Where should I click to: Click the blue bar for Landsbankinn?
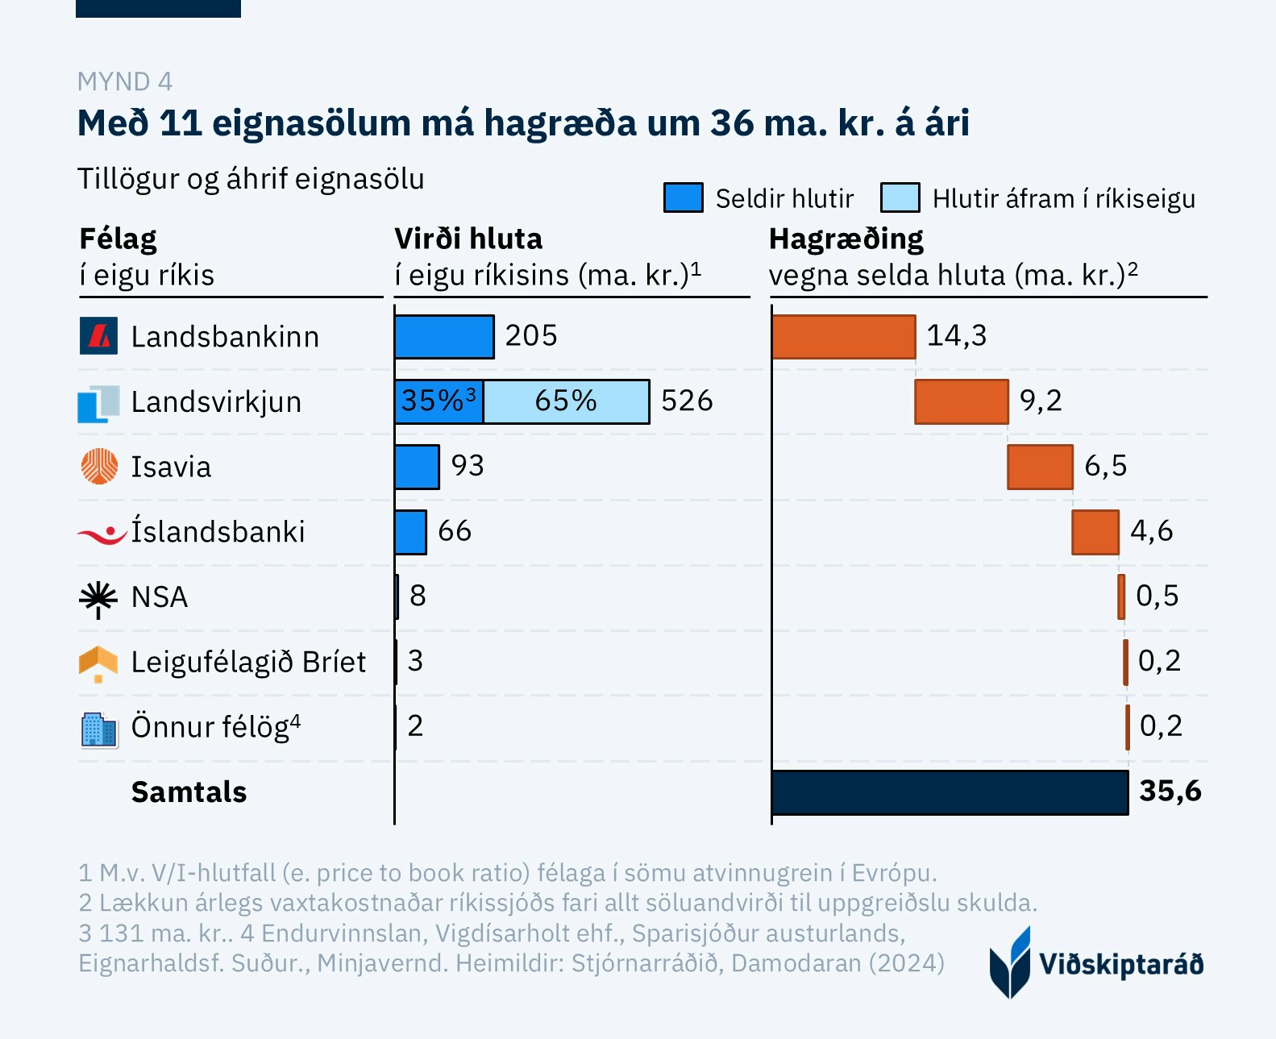tap(444, 336)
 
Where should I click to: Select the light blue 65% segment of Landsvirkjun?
tap(566, 401)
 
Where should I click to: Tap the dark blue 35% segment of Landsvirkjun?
tap(439, 401)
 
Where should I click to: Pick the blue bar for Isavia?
tap(417, 467)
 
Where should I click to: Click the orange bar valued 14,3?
tap(843, 336)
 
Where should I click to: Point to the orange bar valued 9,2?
tap(961, 401)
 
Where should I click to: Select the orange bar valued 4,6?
tap(1095, 532)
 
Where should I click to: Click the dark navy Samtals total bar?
tap(950, 792)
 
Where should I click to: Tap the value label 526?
tap(687, 401)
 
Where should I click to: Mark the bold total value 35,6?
tap(1170, 791)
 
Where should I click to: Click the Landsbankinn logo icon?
tap(99, 336)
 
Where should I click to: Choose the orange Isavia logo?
tap(99, 467)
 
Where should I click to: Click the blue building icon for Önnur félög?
tap(99, 729)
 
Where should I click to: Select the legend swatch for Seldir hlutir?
tap(683, 197)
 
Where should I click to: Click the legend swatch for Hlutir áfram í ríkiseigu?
tap(900, 197)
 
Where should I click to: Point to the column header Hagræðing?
tap(846, 239)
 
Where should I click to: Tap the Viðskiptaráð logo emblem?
tap(1010, 962)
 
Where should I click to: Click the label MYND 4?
tap(125, 81)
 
